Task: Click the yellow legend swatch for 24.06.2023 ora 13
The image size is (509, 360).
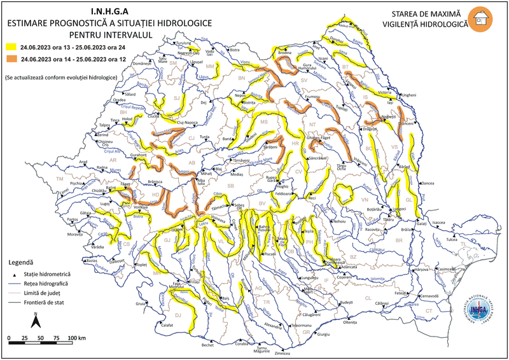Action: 11,47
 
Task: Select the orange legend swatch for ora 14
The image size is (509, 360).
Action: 11,59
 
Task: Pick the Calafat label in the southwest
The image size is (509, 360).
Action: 167,325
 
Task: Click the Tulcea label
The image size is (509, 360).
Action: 451,240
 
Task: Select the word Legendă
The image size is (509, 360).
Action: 21,261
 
